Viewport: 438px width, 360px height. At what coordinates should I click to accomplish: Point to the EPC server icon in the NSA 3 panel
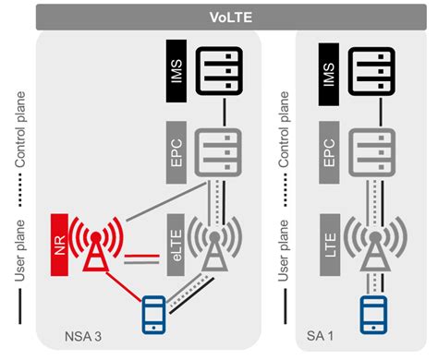tap(213, 149)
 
